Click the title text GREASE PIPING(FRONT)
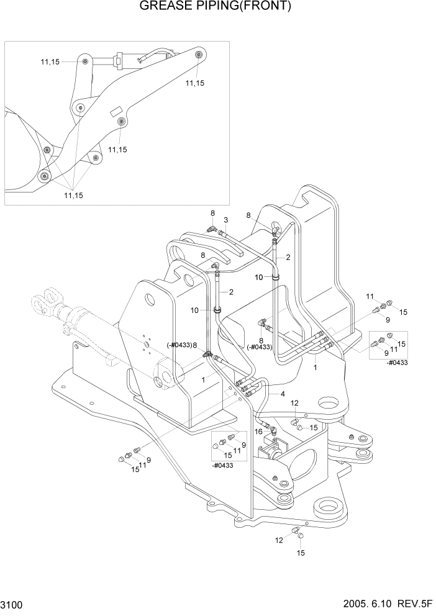(216, 7)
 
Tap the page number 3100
(14, 604)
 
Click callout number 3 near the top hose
(226, 220)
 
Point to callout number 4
(283, 394)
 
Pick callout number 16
(258, 432)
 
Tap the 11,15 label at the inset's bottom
(73, 195)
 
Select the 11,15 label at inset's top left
(51, 61)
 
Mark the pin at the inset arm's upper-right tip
(198, 56)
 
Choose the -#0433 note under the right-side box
(396, 363)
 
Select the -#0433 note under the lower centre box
(222, 465)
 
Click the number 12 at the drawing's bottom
(279, 540)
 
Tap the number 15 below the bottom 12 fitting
(301, 553)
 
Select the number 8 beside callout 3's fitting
(212, 213)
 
